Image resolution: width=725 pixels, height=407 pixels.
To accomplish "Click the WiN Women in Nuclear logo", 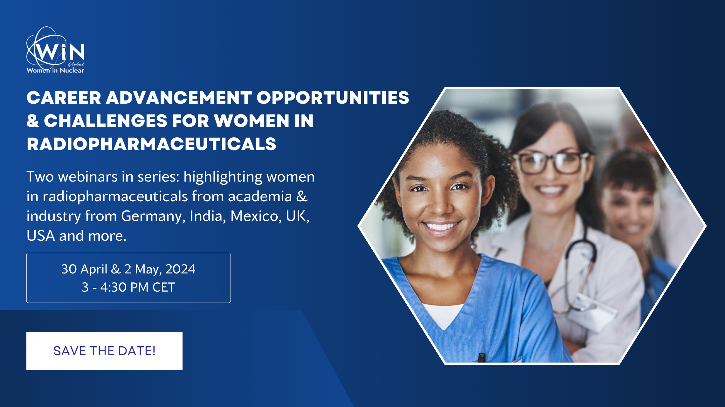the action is click(x=56, y=50).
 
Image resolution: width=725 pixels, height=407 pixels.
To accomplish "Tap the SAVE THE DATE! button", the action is click(x=104, y=351).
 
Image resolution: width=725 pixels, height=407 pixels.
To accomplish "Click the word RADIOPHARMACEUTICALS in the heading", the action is click(x=151, y=144).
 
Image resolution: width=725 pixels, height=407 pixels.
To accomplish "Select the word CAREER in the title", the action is click(x=64, y=98).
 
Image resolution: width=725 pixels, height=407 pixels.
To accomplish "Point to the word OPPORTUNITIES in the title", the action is click(x=333, y=98).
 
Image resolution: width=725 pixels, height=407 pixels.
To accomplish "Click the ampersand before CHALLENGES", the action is click(x=33, y=121).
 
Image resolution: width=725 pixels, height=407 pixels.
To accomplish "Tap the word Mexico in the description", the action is click(x=256, y=216).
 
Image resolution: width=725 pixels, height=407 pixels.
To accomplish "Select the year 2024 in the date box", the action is click(x=180, y=269).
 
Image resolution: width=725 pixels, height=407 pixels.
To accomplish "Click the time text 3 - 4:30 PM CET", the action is click(x=128, y=287).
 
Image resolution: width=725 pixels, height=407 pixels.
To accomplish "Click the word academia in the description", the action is click(x=260, y=197).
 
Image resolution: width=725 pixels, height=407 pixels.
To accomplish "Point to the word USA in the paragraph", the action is click(x=41, y=236).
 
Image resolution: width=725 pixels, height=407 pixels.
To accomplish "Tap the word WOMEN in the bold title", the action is click(x=252, y=121).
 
